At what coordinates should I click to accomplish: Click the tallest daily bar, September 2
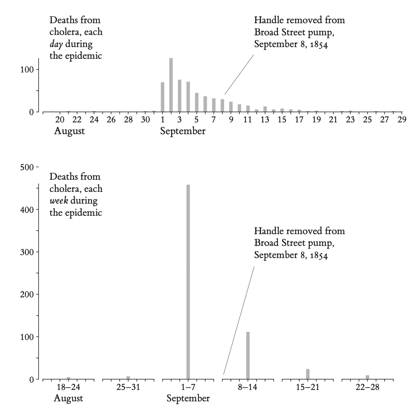point(171,85)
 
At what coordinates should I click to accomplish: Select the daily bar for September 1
point(163,97)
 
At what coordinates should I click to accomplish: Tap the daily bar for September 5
point(197,102)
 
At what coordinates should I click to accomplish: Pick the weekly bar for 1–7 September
point(188,281)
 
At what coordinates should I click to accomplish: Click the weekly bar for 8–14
point(248,355)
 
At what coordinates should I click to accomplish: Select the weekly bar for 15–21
point(308,374)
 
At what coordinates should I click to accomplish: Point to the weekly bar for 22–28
point(368,377)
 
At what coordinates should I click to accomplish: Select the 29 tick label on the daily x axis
point(402,120)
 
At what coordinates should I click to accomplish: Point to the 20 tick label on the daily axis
point(60,120)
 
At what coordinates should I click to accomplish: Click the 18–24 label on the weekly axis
point(68,387)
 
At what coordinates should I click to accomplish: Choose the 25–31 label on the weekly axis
point(128,387)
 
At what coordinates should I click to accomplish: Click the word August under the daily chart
point(69,131)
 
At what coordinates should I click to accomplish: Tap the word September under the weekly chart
point(188,398)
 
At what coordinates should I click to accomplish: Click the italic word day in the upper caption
point(56,44)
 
